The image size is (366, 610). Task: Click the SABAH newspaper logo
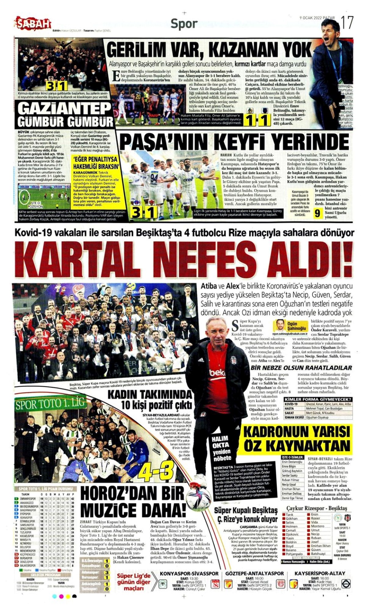pos(33,24)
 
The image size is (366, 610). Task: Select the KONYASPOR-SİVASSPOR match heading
pos(189,573)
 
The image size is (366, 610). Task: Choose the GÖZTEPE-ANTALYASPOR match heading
pos(255,573)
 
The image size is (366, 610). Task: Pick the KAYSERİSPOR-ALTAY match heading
pos(320,573)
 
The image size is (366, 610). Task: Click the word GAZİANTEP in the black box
pos(64,108)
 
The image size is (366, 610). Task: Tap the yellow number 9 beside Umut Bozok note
pos(318,213)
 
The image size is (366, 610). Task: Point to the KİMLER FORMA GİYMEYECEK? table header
pos(318,399)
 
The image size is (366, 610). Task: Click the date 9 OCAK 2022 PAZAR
pos(317,18)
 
